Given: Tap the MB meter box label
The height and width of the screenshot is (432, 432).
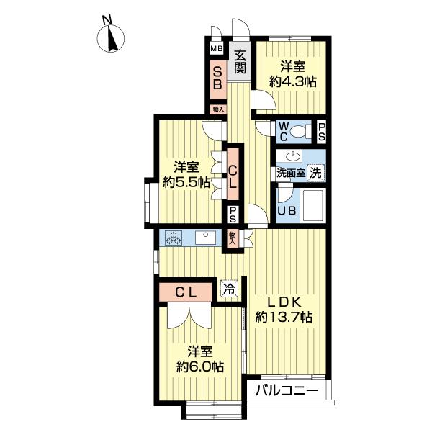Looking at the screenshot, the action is (x=217, y=49).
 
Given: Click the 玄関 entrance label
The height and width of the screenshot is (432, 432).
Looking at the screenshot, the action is (x=240, y=63).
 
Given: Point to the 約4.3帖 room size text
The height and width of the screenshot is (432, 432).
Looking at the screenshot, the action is (x=292, y=81).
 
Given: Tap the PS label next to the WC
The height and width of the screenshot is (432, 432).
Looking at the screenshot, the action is (x=321, y=132).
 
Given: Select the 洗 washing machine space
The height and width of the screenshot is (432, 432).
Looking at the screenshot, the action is (x=315, y=173).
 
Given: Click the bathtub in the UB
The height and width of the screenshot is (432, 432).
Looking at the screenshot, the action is (x=312, y=206).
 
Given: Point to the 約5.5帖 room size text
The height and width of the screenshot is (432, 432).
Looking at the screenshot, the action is (x=186, y=182).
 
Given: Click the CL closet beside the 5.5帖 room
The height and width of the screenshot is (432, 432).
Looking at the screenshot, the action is (x=233, y=174).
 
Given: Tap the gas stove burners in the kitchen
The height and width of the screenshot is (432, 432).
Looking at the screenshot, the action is (x=174, y=238).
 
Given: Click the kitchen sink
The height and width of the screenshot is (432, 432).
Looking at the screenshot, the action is (x=205, y=238).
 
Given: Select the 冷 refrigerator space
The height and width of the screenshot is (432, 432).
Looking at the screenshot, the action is (x=229, y=289).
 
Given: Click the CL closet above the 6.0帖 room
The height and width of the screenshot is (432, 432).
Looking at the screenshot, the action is (x=186, y=292).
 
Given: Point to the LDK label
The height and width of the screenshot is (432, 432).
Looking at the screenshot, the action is (x=284, y=303).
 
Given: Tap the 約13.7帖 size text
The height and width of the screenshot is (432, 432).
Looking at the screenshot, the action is (x=284, y=318).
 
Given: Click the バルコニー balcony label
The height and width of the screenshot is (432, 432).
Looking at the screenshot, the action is (x=287, y=390).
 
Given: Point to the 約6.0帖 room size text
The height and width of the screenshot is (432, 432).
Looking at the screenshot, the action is (x=200, y=366).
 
